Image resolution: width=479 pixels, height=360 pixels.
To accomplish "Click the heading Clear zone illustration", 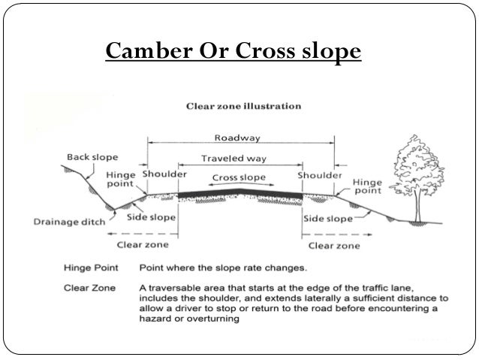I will point(243,106).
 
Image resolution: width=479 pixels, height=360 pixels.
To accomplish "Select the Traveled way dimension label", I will point(239,159).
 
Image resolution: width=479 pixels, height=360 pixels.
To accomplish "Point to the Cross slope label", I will point(239,177).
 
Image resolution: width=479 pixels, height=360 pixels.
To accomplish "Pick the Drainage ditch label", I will point(69,222).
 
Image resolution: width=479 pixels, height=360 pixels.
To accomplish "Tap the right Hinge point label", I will point(367,186).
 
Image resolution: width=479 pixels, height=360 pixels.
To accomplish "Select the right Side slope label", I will point(327,219).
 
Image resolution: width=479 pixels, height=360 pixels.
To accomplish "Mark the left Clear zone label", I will point(143,244).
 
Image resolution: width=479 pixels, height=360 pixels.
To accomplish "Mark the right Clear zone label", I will point(333,244).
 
